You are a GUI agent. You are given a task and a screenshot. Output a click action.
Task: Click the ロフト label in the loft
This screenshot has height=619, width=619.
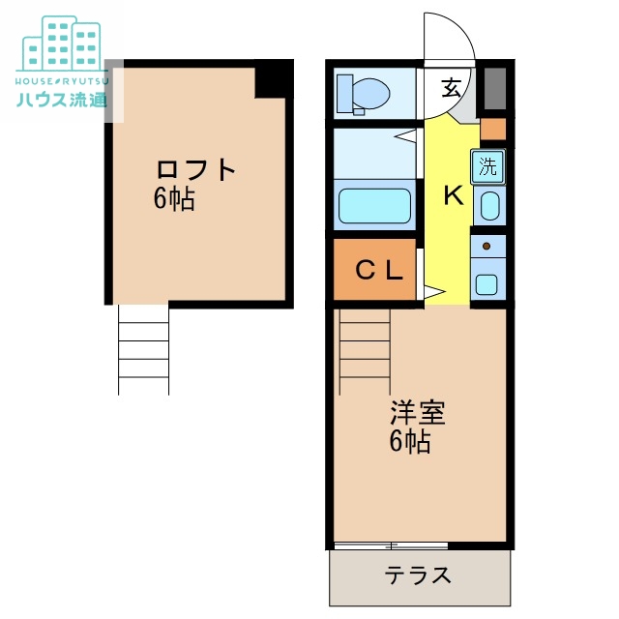point(196,169)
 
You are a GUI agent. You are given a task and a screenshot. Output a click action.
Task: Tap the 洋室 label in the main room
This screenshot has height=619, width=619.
point(417,414)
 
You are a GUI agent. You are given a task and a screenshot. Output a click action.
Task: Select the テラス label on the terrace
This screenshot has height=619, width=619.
point(418,575)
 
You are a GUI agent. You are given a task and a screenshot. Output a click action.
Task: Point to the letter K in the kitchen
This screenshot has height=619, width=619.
point(454,196)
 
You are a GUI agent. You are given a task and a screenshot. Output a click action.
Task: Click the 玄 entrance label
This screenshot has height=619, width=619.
point(452,89)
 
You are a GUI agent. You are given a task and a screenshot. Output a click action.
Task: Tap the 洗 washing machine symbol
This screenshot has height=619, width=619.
point(489,165)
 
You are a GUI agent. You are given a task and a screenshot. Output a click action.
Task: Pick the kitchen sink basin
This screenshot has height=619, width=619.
point(489,206)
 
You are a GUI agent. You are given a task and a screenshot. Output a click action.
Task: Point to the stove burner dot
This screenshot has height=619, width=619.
point(486,247)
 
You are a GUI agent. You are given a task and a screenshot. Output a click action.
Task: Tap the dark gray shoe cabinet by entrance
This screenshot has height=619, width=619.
point(494,90)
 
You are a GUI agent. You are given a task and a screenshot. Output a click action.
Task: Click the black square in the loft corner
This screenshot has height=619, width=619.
point(274,79)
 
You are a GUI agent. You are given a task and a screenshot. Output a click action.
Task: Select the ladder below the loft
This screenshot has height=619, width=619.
point(143,349)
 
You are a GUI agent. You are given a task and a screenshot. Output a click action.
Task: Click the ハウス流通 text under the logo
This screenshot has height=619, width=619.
point(61,100)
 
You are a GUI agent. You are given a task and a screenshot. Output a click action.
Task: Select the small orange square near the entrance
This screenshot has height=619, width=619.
point(493,129)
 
